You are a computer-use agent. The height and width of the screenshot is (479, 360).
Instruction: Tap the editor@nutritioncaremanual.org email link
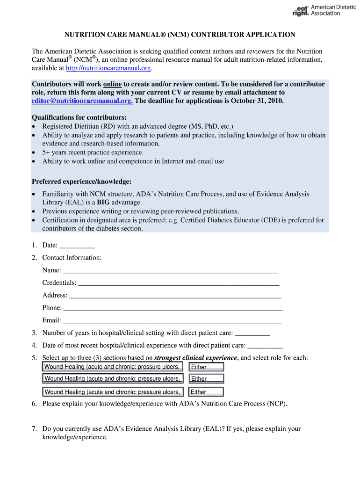point(82,101)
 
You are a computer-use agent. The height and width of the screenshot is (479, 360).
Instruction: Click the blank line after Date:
point(77,246)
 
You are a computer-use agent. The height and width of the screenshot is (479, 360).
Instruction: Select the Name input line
point(170,270)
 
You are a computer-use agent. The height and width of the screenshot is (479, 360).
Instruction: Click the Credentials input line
point(179,283)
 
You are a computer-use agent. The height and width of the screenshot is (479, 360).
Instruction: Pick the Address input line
point(175,296)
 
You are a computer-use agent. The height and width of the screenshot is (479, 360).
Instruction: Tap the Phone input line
point(173,308)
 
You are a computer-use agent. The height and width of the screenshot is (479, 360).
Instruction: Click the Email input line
point(172,321)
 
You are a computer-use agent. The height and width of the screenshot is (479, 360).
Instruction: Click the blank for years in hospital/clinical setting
point(252,333)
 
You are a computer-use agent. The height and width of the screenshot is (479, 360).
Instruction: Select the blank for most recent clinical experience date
point(265,346)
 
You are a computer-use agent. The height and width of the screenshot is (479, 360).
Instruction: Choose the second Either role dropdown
point(206,379)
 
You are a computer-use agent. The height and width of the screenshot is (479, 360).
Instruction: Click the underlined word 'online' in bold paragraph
point(112,84)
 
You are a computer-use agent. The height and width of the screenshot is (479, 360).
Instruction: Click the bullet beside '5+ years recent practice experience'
point(34,153)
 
